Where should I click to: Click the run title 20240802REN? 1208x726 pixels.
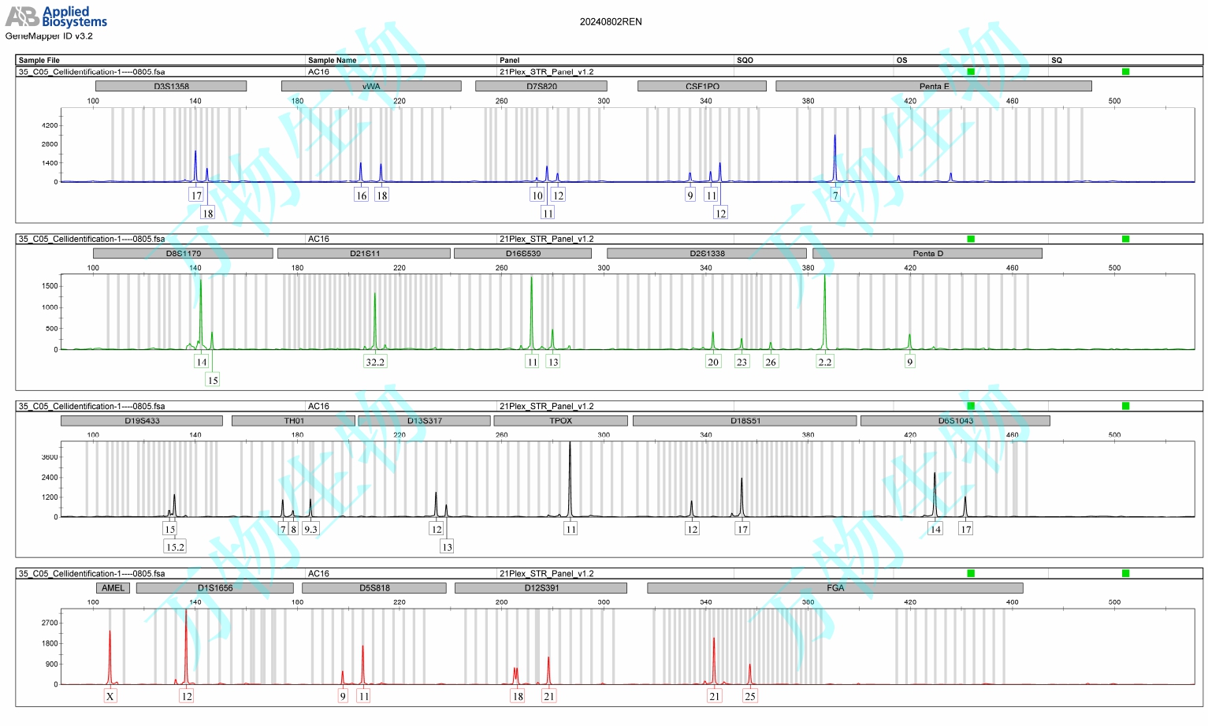coord(611,22)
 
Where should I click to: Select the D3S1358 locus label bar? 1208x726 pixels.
coord(171,86)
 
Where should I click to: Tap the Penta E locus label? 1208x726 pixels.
coord(934,86)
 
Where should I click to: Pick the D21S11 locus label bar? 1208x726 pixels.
coord(364,253)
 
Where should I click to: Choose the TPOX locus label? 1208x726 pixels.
coord(560,420)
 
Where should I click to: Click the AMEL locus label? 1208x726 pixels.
coord(113,587)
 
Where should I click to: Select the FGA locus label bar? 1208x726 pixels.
coord(835,587)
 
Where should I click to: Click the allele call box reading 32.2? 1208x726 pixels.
coord(375,362)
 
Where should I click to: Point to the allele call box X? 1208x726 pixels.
coord(110,696)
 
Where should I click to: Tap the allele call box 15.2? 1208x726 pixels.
coord(175,546)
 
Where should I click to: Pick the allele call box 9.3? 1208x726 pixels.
coord(310,529)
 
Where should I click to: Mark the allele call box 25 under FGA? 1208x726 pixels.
coord(750,696)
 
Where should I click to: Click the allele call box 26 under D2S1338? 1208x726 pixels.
coord(771,362)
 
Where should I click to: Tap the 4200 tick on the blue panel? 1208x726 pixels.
coord(50,125)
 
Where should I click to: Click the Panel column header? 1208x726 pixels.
coord(509,60)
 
